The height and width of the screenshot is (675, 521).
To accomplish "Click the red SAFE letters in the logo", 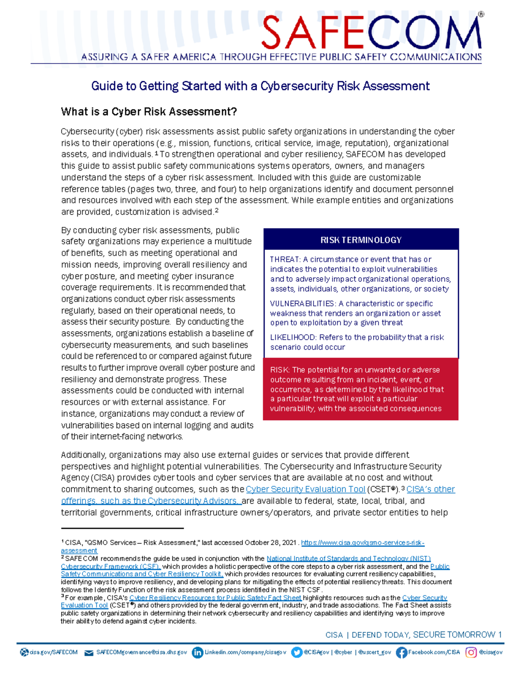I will pyautogui.click(x=311, y=33).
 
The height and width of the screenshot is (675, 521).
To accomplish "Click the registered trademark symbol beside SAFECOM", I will pyautogui.click(x=481, y=14).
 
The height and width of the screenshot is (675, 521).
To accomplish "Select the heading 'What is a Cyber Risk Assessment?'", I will pyautogui.click(x=149, y=112).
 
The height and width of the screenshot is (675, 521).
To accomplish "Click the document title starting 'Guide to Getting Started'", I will pyautogui.click(x=260, y=86).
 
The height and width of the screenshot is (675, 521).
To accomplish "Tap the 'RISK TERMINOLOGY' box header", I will pyautogui.click(x=361, y=240).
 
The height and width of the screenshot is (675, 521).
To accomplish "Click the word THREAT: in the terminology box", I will pyautogui.click(x=285, y=259).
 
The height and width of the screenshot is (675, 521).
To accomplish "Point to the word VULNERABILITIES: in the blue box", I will pyautogui.click(x=302, y=303).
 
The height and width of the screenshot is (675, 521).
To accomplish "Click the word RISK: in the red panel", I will pyautogui.click(x=280, y=370).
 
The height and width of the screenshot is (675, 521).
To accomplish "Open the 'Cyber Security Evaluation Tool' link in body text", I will pyautogui.click(x=305, y=489).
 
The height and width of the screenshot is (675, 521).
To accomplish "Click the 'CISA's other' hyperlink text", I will pyautogui.click(x=431, y=489).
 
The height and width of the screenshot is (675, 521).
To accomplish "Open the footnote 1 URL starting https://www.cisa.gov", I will pyautogui.click(x=363, y=542).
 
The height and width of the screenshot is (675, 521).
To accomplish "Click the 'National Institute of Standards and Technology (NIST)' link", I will pyautogui.click(x=348, y=559).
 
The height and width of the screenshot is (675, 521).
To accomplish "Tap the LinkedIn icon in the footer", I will pyautogui.click(x=197, y=652).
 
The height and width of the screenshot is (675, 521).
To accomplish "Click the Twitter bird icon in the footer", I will pyautogui.click(x=297, y=652).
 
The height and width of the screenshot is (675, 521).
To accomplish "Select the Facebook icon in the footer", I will pyautogui.click(x=401, y=652).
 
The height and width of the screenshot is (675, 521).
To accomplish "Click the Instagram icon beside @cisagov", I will pyautogui.click(x=471, y=652).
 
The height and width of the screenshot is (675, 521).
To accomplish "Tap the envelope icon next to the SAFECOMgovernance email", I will pyautogui.click(x=89, y=653).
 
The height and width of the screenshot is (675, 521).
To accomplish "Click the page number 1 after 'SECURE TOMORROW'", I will pyautogui.click(x=500, y=635).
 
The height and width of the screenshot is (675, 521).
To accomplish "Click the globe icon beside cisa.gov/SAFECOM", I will pyautogui.click(x=24, y=652).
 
